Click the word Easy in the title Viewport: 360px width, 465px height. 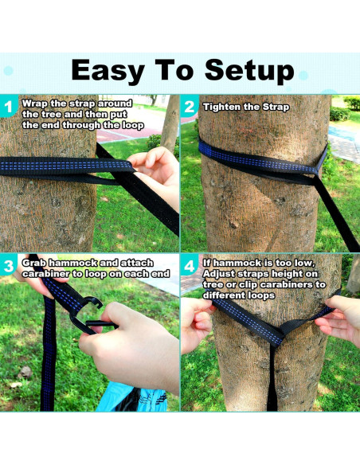[x=108, y=71]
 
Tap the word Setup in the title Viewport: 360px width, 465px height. [x=249, y=71]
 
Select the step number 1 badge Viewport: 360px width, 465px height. [x=8, y=107]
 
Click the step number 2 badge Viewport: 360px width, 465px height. [x=190, y=107]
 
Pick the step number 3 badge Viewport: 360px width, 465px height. [x=8, y=266]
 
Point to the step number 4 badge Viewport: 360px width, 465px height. [x=190, y=266]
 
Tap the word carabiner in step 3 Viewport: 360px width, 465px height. [x=46, y=274]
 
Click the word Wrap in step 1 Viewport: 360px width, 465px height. [x=35, y=104]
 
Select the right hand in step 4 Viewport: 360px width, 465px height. [x=339, y=318]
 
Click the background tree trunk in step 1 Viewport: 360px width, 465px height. [x=170, y=124]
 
